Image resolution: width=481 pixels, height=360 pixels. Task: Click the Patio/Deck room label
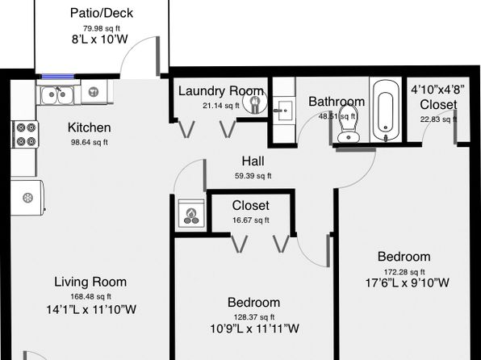(102, 13)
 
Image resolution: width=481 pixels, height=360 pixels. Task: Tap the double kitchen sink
(57, 95)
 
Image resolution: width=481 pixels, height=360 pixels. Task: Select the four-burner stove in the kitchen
(26, 135)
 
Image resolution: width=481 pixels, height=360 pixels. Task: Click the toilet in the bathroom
(349, 123)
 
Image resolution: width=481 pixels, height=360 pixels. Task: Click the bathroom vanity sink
(285, 110)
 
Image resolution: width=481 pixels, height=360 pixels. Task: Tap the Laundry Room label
(221, 91)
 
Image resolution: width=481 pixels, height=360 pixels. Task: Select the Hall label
(253, 161)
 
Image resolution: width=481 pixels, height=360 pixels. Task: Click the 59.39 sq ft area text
(253, 176)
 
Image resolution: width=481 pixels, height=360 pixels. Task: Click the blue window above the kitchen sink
(58, 77)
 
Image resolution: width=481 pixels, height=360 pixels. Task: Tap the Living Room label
(90, 282)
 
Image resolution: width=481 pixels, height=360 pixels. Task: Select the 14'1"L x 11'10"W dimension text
(91, 309)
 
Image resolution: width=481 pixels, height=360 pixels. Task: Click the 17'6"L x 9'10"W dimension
(408, 283)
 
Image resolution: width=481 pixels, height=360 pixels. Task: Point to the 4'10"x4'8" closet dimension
(437, 90)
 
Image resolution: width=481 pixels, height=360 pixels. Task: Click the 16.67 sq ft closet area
(251, 220)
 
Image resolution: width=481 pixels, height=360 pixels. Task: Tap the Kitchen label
(90, 128)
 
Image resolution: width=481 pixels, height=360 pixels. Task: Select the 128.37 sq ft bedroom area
(254, 317)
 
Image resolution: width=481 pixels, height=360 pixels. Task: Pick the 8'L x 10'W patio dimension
(100, 40)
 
